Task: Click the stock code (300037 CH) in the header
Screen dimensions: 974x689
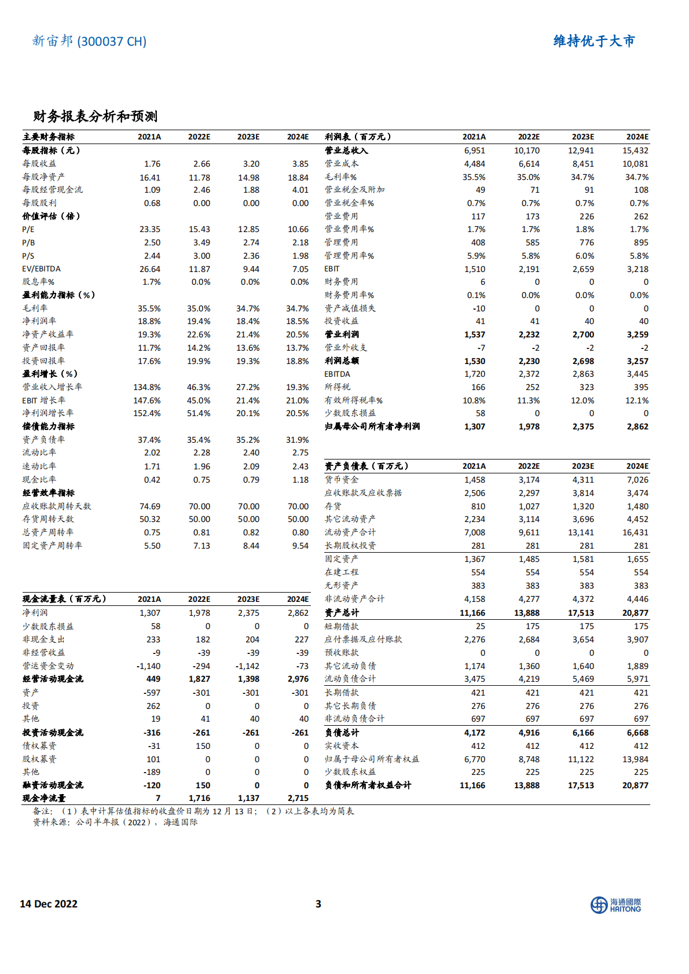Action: (112, 42)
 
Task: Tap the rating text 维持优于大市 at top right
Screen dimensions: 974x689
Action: (594, 41)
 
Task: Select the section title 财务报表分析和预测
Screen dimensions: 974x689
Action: (96, 116)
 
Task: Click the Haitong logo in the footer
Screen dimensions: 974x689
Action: (615, 905)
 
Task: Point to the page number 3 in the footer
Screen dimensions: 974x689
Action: (318, 904)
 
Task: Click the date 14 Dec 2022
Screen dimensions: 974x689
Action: (49, 904)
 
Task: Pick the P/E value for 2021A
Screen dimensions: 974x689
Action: (150, 229)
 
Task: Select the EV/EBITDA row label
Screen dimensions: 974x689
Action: (41, 269)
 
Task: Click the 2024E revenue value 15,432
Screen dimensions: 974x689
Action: (635, 150)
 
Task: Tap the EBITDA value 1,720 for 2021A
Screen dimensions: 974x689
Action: (475, 374)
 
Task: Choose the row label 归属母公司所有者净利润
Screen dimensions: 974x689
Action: (372, 427)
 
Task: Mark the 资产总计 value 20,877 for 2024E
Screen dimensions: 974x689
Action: (635, 613)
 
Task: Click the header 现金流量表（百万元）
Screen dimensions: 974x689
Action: (64, 599)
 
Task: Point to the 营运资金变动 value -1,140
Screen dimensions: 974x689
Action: (148, 666)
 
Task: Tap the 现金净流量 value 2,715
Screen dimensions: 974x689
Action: (298, 798)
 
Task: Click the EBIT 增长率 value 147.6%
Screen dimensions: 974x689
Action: (147, 400)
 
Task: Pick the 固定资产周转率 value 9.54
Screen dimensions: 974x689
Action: (300, 546)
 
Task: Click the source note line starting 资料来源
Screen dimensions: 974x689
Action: (115, 822)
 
